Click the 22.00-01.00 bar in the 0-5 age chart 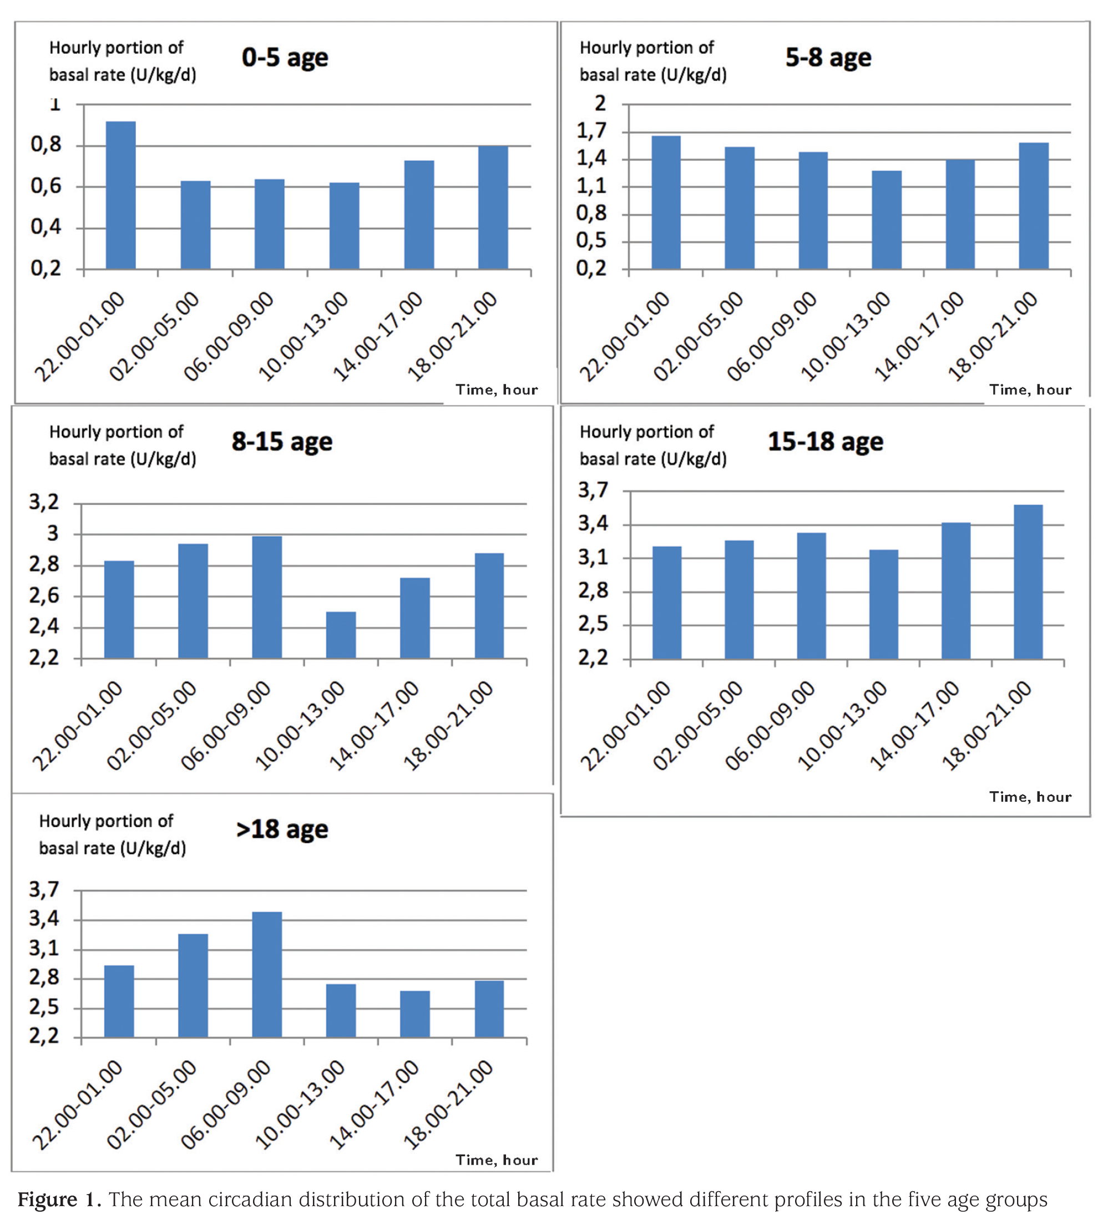(x=121, y=195)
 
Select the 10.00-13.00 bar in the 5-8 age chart (x=887, y=220)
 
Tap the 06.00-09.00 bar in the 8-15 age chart (x=267, y=598)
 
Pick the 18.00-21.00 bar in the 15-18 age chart (x=1028, y=582)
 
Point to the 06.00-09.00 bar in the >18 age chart (x=267, y=975)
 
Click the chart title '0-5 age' (x=285, y=58)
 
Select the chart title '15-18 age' (x=826, y=442)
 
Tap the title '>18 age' (x=282, y=829)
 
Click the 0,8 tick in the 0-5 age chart (x=46, y=145)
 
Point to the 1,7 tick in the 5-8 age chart (x=591, y=131)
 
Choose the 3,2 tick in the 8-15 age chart (x=44, y=502)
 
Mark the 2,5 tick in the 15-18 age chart (x=593, y=625)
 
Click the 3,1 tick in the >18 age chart (x=44, y=949)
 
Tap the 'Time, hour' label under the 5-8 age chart (x=1030, y=389)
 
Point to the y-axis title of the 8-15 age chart (x=123, y=446)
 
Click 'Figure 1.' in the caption (x=59, y=1199)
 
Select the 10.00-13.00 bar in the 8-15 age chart (x=341, y=635)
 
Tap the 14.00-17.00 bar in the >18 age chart (x=415, y=1014)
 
